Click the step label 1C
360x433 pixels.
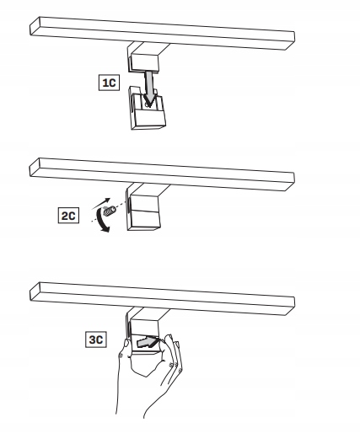click(109, 83)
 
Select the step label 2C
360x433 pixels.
click(68, 216)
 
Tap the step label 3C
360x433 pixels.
click(96, 339)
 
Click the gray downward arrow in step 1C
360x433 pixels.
click(150, 88)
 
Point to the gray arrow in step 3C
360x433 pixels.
click(146, 342)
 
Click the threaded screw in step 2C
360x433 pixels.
click(110, 211)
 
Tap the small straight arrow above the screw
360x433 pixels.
click(101, 204)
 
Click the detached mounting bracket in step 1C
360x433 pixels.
click(148, 109)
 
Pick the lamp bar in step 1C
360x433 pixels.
click(162, 33)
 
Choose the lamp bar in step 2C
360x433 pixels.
click(162, 174)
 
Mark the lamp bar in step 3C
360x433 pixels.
click(162, 299)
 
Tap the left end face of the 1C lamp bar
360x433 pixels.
click(35, 26)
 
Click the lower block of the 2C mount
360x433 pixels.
click(144, 220)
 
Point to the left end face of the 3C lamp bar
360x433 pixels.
click(35, 291)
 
